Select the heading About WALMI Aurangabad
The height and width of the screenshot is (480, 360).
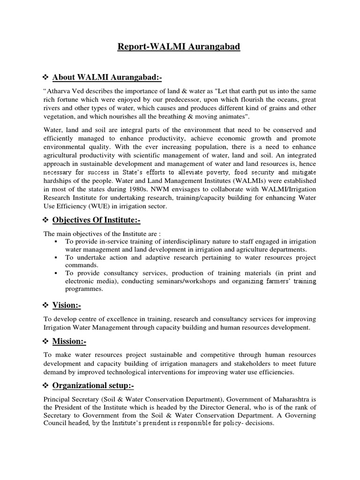point(110,77)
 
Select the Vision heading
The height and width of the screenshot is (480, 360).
point(67,305)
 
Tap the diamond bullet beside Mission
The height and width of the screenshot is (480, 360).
point(46,341)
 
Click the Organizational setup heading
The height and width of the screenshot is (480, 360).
point(97,385)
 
